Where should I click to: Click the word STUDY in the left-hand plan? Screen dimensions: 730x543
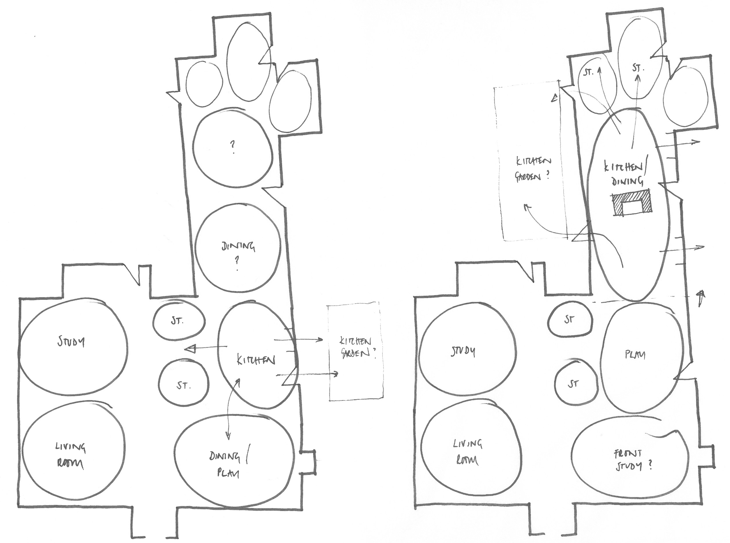71,342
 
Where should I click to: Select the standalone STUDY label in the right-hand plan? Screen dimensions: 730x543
463,352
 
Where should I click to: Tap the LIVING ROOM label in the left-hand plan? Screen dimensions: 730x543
70,455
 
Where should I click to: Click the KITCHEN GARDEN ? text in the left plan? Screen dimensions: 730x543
356,348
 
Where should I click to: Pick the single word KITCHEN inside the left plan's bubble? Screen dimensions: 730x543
256,360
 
